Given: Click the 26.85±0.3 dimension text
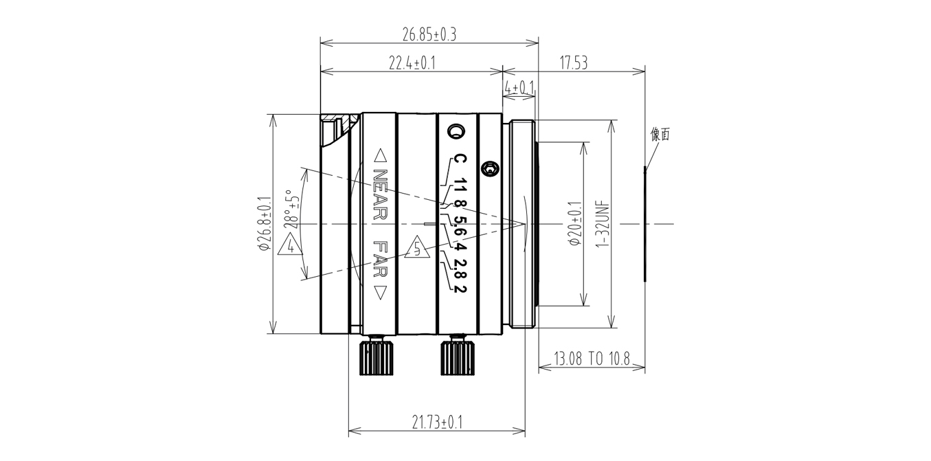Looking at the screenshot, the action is (x=429, y=35).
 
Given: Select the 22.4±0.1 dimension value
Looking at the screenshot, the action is (x=412, y=63).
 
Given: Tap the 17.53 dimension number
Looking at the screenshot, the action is (x=574, y=63).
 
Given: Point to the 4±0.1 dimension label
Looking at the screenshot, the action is (x=519, y=88).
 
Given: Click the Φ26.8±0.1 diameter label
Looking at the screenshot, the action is (x=265, y=224).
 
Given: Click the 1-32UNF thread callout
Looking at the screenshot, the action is (x=603, y=225).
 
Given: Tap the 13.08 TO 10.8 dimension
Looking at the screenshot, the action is (x=592, y=359).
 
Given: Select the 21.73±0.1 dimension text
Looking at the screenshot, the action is (x=437, y=423).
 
